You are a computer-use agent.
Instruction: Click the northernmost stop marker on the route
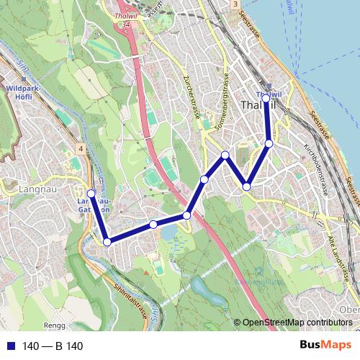tap(266, 98)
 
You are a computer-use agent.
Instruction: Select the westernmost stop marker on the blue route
tap(91, 193)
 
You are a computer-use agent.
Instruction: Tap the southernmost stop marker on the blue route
tap(107, 242)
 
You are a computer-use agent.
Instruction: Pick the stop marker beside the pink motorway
tap(187, 215)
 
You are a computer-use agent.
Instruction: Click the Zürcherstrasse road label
tap(192, 94)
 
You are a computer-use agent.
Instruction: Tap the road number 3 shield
tap(235, 4)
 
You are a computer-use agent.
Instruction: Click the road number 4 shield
tap(81, 149)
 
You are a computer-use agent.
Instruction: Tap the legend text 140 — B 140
tap(53, 346)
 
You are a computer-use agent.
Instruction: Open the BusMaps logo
tap(325, 345)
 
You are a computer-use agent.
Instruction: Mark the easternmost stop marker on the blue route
tap(269, 143)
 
